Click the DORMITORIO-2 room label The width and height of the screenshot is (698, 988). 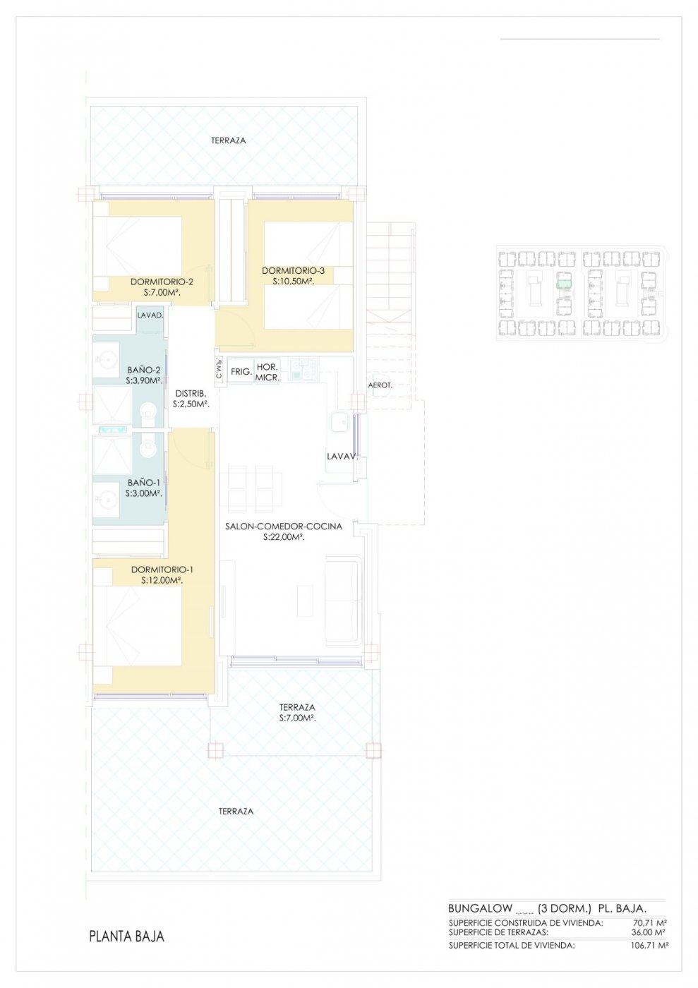click(162, 282)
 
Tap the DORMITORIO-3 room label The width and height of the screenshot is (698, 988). click(293, 271)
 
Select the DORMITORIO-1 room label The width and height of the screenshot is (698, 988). click(162, 570)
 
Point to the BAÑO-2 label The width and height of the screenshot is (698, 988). click(144, 370)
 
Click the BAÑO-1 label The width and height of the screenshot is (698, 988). click(144, 483)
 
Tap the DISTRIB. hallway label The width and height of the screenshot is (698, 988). click(191, 394)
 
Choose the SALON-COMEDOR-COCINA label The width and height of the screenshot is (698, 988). click(284, 526)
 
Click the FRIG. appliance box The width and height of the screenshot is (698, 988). click(241, 371)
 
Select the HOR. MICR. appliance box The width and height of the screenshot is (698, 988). click(267, 372)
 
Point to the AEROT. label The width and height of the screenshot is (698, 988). click(380, 385)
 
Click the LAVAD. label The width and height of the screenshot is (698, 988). click(150, 315)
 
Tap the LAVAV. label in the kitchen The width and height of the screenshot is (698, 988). click(342, 457)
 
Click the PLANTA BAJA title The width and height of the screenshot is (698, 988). click(126, 936)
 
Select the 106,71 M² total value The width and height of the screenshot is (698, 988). click(649, 946)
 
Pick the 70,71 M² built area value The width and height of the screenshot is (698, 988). click(651, 923)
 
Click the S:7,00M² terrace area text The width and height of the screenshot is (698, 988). click(297, 718)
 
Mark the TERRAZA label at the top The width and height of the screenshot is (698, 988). click(229, 140)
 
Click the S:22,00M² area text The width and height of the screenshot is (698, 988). click(284, 537)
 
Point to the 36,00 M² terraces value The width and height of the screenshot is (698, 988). click(649, 932)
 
